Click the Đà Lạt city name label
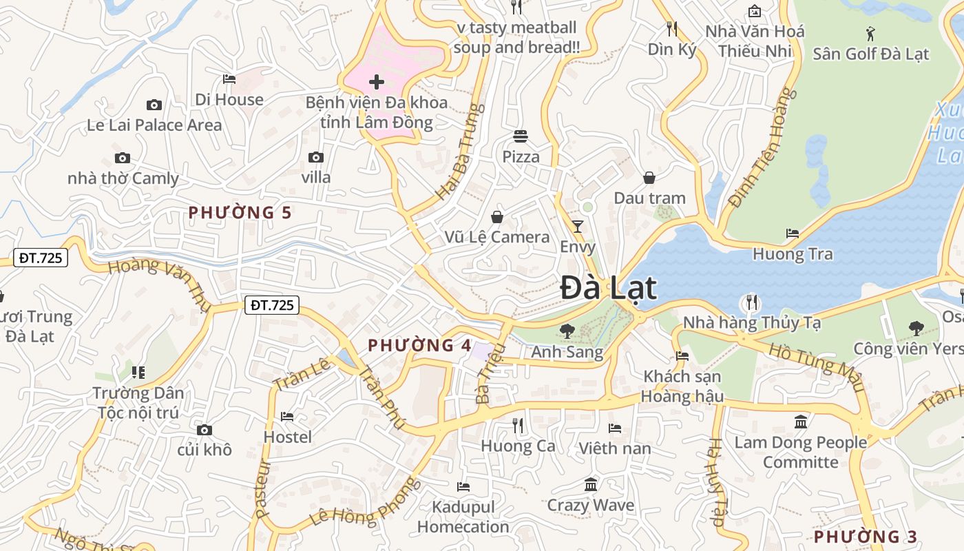point(608,288)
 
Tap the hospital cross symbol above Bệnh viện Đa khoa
point(377,83)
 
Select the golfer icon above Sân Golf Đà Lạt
point(870,33)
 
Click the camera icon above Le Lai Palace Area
point(154,105)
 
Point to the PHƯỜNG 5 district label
point(240,212)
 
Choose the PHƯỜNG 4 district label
point(420,345)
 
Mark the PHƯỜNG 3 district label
point(866,537)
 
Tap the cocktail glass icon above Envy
point(577,226)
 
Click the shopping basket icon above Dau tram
point(649,178)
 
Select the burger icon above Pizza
point(521,136)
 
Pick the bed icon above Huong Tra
point(793,233)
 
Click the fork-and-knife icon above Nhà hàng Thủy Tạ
point(751,302)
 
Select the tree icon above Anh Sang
point(567,331)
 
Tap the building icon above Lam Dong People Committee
point(801,422)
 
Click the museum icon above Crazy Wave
point(591,485)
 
